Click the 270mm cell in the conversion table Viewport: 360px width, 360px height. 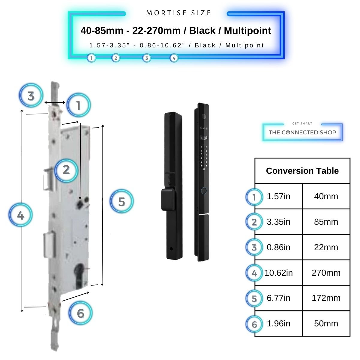coord(326,273)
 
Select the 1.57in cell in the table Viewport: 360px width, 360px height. coord(278,196)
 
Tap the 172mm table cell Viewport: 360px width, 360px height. coord(326,298)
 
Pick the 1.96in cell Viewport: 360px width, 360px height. coord(278,324)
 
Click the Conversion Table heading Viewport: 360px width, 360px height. coord(302,171)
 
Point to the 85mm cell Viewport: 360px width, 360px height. coord(326,222)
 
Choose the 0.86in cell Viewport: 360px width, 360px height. coord(278,247)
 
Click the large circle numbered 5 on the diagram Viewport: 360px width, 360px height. coord(121,201)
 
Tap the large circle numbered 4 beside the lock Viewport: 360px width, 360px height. coord(20,215)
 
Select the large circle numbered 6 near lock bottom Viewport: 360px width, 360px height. coord(80,313)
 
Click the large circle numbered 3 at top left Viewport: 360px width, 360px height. coord(31,96)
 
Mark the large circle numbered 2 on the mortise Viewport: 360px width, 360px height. coord(66,170)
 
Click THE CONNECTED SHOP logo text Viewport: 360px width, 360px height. coord(302,132)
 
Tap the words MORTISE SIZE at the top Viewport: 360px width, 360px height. coord(179,13)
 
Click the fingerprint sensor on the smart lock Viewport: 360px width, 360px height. coord(204,190)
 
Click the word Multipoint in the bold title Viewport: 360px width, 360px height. coord(247,31)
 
